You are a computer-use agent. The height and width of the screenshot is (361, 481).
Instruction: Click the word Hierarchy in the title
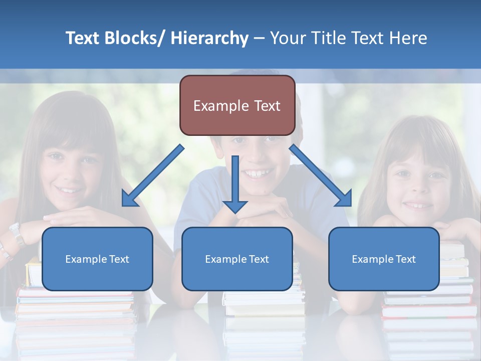209,38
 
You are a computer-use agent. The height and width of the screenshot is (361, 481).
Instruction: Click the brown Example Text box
237,105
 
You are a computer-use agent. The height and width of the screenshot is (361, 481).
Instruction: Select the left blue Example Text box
97,259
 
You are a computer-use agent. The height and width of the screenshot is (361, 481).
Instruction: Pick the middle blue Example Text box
237,259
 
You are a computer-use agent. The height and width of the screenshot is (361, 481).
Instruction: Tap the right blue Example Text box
384,259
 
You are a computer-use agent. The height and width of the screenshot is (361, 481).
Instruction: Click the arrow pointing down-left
152,176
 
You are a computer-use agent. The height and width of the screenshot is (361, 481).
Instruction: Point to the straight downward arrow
235,184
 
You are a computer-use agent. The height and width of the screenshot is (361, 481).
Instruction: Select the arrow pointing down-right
321,176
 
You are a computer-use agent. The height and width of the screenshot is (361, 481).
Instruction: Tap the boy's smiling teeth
257,173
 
